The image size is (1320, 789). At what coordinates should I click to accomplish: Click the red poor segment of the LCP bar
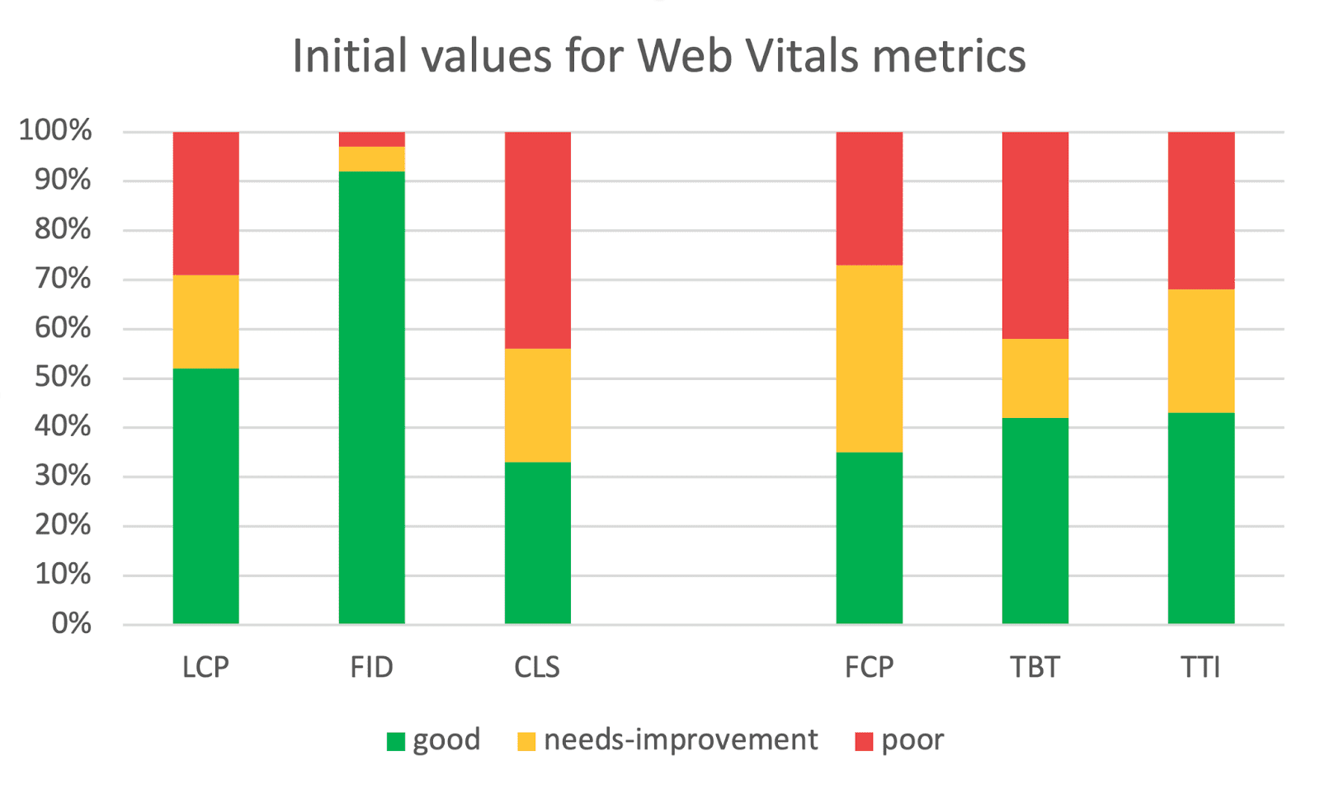coord(205,203)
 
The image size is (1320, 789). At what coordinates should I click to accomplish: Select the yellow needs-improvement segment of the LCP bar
coord(205,322)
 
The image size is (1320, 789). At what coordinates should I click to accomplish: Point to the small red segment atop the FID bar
coord(371,139)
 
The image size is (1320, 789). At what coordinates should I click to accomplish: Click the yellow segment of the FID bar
coord(371,159)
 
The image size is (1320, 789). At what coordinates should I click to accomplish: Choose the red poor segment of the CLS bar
coord(537,240)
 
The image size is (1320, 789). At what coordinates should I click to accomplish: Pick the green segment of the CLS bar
coord(537,542)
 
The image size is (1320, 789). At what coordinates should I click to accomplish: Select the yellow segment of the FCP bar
coord(869,359)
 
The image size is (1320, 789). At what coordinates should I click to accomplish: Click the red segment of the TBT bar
coord(1035,235)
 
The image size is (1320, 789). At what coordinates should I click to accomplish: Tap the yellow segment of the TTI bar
coord(1200,351)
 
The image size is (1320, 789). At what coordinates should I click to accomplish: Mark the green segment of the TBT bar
coord(1035,520)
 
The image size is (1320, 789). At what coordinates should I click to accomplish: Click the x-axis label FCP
coord(869,667)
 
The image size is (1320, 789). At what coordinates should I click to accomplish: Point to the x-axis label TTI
coord(1200,667)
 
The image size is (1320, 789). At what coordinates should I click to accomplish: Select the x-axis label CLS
coord(537,667)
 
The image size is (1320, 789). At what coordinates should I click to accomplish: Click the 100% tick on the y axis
coord(55,130)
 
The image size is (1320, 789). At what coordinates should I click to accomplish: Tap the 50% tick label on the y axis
coord(62,377)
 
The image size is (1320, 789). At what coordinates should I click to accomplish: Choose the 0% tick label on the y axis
coord(71,623)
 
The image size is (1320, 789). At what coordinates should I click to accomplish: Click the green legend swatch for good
coord(396,741)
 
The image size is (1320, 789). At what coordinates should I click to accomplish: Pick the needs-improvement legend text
coord(681,740)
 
